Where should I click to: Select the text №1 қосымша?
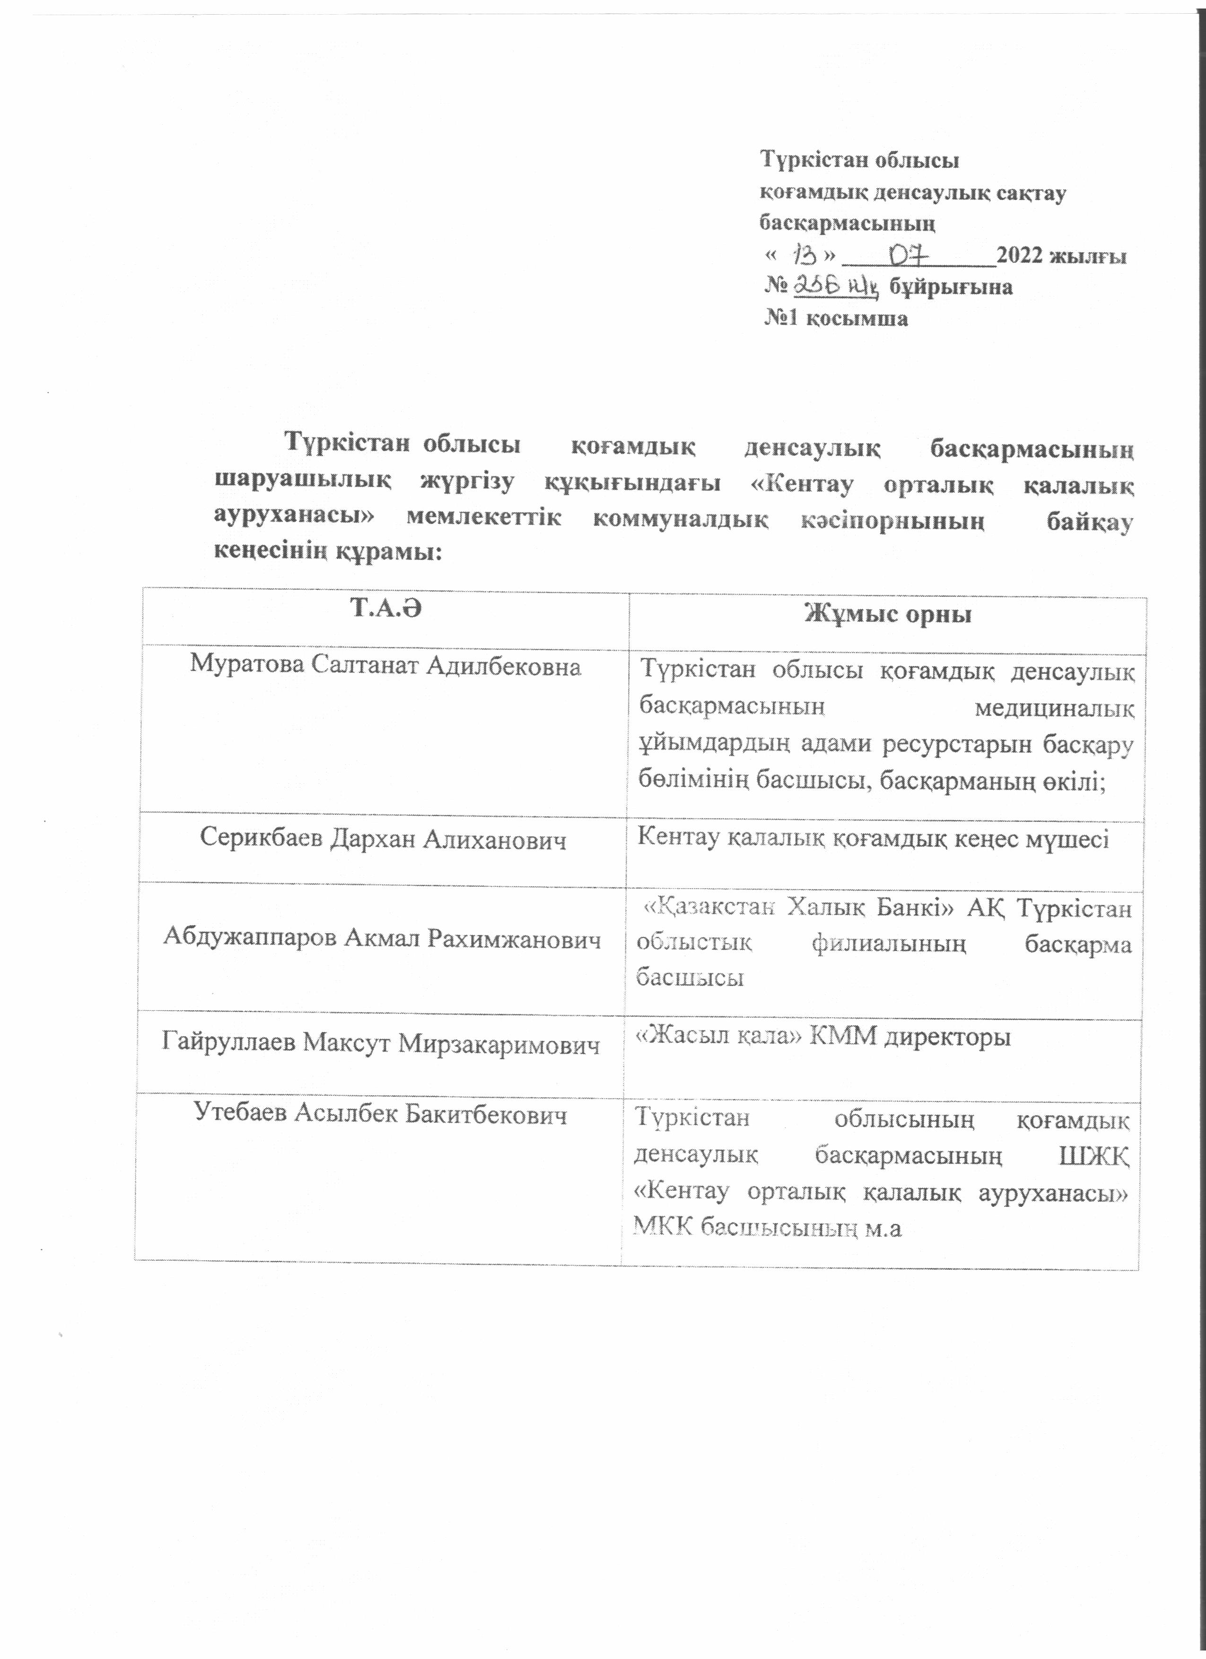pos(837,318)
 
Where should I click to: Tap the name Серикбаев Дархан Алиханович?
pos(383,839)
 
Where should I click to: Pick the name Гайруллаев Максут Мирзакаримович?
pos(380,1043)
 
